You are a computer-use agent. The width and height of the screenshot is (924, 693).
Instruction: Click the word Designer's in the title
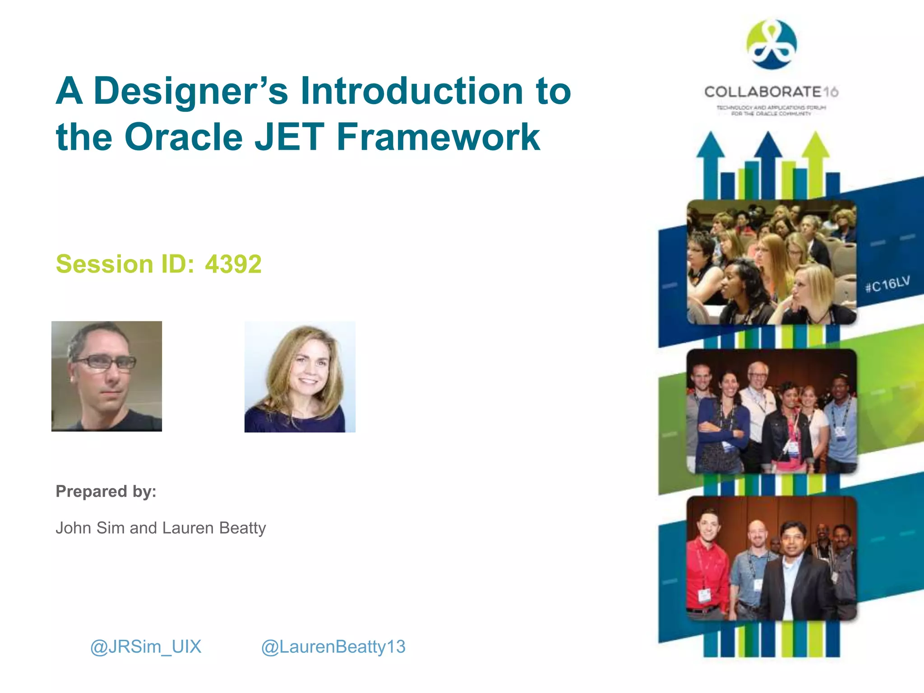[x=190, y=92]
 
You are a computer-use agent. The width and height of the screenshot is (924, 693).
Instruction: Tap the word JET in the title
[x=289, y=137]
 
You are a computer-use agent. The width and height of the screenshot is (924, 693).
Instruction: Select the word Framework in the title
[x=438, y=137]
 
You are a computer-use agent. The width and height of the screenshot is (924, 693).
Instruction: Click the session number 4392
[x=233, y=264]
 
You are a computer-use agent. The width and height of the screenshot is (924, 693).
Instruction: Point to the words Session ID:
[x=125, y=264]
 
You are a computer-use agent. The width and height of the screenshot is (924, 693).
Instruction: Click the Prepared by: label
[x=106, y=491]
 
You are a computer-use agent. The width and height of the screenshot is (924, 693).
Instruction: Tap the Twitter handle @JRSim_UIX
[x=146, y=647]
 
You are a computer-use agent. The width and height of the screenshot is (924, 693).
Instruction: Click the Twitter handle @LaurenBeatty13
[x=333, y=647]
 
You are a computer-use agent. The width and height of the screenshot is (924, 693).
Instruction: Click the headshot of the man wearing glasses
[x=106, y=376]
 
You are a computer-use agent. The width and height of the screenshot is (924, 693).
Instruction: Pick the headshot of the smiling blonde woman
[x=300, y=377]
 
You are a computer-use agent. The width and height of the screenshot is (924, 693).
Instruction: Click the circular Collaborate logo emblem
[x=772, y=44]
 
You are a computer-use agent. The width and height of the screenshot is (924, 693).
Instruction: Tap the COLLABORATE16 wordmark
[x=771, y=92]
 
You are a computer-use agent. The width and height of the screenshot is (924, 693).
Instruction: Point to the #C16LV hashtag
[x=887, y=284]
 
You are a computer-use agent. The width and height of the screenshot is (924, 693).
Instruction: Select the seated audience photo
[x=772, y=262]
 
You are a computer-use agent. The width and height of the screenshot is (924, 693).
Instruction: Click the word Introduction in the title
[x=412, y=92]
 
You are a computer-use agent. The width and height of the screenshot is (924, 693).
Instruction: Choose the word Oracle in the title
[x=184, y=137]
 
